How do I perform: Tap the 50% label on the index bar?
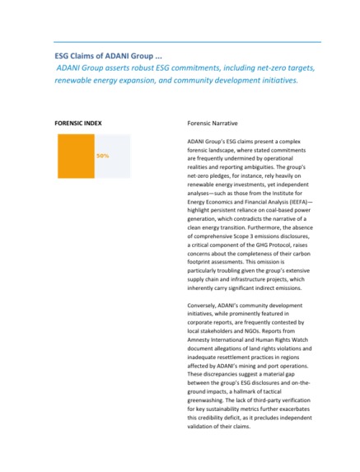coord(102,155)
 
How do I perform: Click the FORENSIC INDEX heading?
coord(78,122)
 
